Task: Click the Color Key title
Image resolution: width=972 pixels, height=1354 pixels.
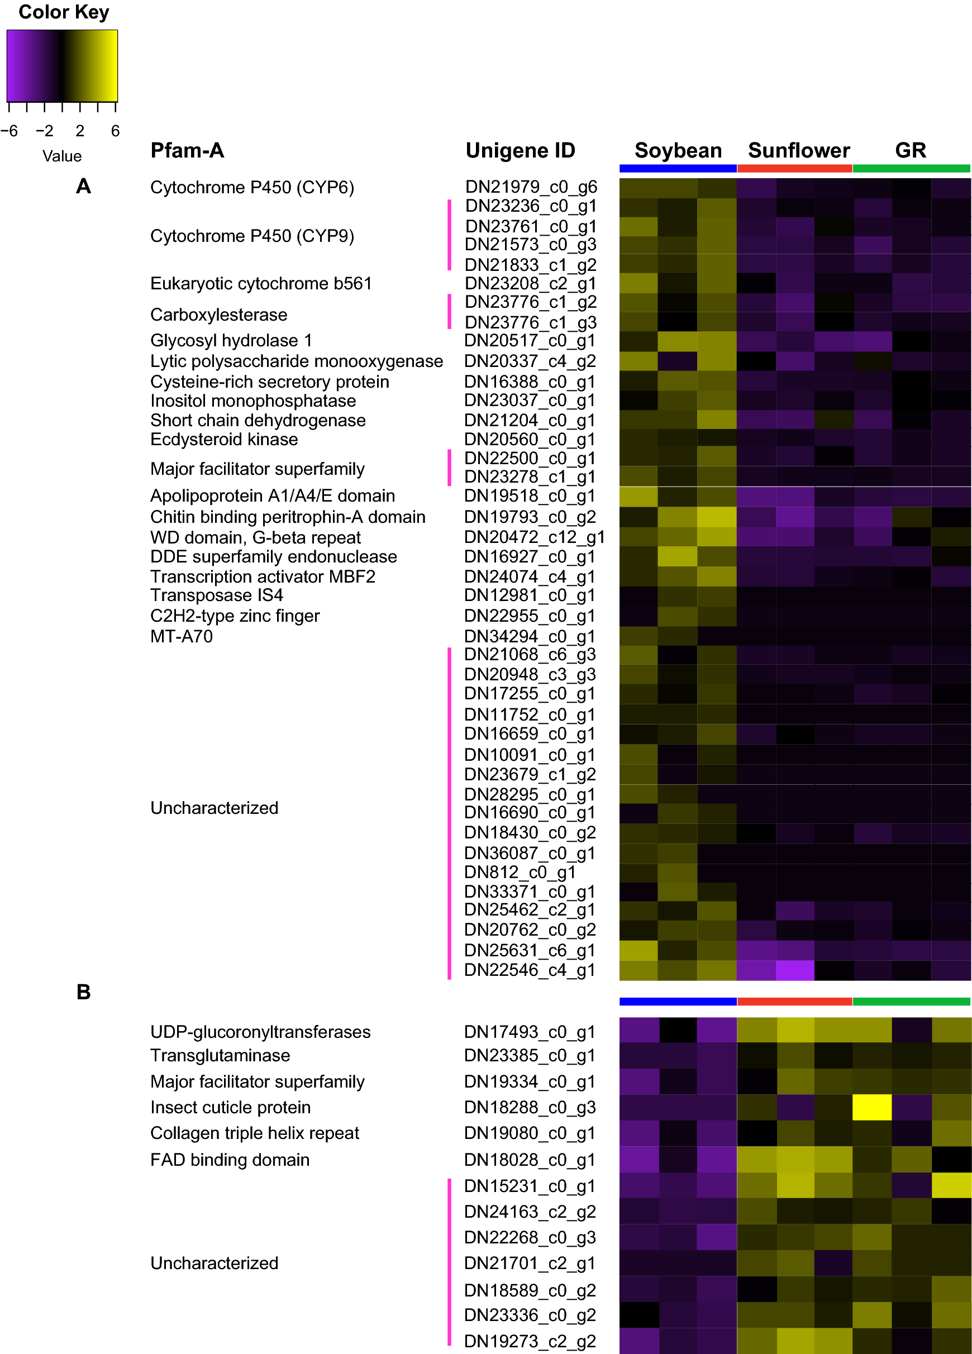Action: point(64,12)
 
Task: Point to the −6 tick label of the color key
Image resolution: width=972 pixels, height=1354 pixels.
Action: point(9,131)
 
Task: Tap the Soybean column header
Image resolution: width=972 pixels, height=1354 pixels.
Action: point(678,150)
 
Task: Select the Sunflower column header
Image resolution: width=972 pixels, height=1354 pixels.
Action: point(798,150)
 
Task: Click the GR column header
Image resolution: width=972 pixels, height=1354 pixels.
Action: point(910,150)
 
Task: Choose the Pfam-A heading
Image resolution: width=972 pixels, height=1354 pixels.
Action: point(187,150)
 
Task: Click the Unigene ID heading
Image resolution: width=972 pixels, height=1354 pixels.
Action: point(520,150)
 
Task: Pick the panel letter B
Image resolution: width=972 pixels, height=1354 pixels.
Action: point(84,991)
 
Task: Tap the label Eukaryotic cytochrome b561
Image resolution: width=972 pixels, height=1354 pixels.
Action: point(261,284)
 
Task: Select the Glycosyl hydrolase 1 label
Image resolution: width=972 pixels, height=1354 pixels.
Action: point(231,340)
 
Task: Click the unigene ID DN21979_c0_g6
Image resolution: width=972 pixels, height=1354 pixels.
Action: point(531,187)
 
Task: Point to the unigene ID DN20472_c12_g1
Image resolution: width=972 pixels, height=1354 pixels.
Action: point(535,537)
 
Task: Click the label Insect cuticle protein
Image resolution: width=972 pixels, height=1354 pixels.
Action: point(231,1108)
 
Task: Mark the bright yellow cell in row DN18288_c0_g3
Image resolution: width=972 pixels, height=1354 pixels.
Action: point(871,1108)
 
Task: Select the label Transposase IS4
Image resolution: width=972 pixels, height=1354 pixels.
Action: point(217,595)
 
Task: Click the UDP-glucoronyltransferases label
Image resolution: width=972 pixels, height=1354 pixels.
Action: point(260,1032)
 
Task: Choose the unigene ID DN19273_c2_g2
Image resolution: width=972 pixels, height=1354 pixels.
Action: point(530,1342)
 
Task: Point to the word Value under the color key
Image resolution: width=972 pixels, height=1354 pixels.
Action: point(62,156)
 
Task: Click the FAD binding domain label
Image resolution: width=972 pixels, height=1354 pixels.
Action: point(230,1160)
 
